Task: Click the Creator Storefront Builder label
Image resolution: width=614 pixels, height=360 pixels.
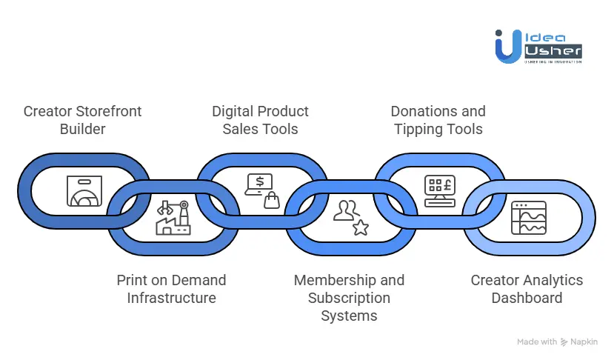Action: [82, 120]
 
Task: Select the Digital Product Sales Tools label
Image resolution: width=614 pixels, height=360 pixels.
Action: [260, 120]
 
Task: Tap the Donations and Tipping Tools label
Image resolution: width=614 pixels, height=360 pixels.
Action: [438, 120]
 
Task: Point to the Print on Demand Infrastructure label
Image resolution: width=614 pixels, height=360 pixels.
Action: [171, 289]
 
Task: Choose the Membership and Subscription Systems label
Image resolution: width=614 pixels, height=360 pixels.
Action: [349, 298]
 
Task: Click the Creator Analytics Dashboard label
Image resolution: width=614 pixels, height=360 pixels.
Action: [527, 289]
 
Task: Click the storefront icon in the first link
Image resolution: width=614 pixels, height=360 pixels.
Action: [83, 190]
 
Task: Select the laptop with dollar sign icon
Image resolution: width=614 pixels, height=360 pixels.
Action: [261, 190]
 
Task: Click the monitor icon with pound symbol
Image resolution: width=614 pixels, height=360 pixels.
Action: [438, 190]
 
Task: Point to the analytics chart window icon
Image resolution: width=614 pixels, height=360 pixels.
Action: [528, 218]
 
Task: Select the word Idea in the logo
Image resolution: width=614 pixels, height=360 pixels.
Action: [544, 36]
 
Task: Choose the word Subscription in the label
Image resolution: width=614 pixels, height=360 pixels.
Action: [349, 298]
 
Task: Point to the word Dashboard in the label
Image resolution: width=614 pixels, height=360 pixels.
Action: [527, 298]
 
